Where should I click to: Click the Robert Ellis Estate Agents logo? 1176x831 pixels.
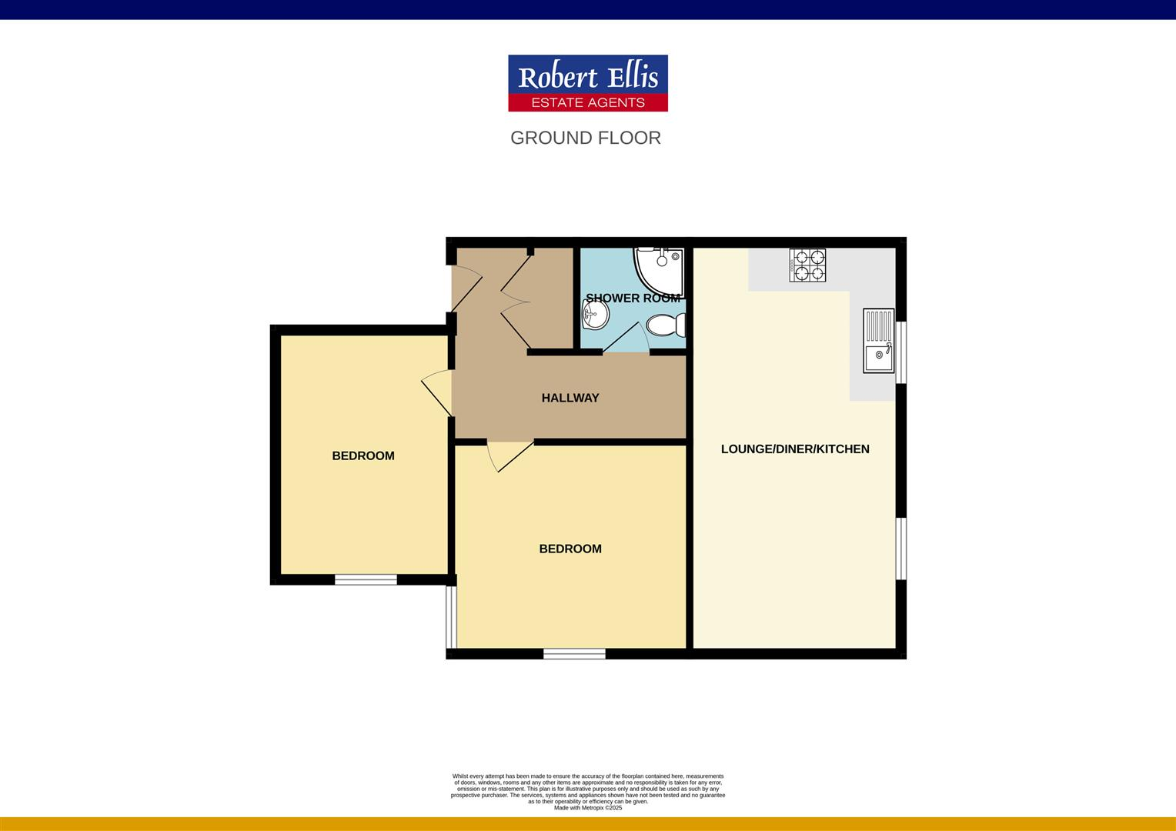[x=587, y=83]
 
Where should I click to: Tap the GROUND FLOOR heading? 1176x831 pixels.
[x=586, y=138]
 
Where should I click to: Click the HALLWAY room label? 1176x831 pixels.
[x=570, y=398]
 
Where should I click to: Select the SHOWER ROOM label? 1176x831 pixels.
[x=633, y=298]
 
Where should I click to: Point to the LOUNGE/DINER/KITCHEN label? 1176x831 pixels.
[x=794, y=449]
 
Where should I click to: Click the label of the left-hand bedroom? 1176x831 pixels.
[x=362, y=456]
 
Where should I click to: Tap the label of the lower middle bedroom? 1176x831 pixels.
[x=570, y=549]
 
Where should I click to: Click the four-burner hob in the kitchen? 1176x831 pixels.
[x=807, y=265]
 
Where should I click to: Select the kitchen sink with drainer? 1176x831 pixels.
[x=878, y=340]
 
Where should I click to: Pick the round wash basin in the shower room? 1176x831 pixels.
[x=595, y=313]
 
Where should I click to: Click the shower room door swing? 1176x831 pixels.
[x=630, y=339]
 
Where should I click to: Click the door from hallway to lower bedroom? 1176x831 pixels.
[x=508, y=454]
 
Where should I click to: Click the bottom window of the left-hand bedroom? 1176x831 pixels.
[x=366, y=579]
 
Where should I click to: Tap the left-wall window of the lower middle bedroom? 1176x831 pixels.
[x=452, y=616]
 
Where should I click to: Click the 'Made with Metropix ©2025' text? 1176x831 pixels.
[x=587, y=808]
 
